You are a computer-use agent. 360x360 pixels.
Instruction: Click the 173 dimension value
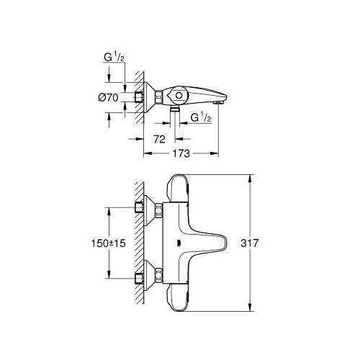point(181,153)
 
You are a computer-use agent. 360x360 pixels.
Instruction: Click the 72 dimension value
point(159,139)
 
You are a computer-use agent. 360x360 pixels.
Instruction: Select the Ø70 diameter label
point(108,98)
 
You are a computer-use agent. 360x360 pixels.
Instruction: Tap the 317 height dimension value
point(250,243)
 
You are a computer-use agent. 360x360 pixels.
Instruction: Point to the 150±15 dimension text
point(109,243)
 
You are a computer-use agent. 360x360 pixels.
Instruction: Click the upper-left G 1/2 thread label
point(114,58)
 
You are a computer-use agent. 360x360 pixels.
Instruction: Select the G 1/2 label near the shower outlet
point(201,117)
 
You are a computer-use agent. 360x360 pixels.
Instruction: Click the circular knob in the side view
point(179,96)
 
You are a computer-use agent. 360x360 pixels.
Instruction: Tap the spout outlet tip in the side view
point(220,102)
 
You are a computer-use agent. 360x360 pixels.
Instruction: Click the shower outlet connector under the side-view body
point(175,109)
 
